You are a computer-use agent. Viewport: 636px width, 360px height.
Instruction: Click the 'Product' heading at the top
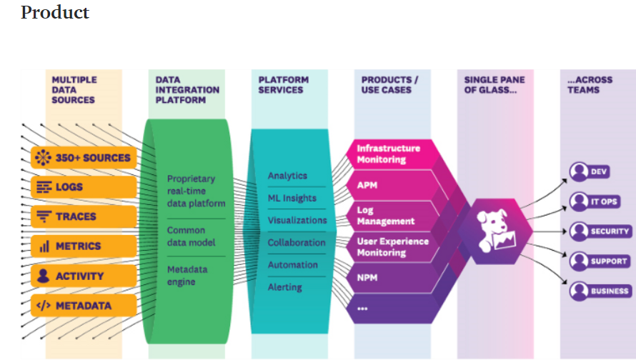coord(55,13)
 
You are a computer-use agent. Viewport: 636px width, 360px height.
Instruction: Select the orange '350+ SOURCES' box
coord(84,157)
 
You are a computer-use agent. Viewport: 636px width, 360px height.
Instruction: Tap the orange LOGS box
coord(84,187)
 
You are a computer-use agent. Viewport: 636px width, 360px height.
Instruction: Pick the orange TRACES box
coord(84,216)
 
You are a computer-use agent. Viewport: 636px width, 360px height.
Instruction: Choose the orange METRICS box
coord(84,246)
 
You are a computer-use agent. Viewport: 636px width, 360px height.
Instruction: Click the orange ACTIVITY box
coord(84,276)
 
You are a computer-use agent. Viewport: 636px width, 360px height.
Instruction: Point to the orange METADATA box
coord(84,306)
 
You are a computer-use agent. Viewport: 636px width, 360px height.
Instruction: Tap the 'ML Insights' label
coord(292,199)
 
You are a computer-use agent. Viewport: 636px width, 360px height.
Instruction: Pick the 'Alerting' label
coord(285,287)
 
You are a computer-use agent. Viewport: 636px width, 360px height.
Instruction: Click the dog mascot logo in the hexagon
coord(494,229)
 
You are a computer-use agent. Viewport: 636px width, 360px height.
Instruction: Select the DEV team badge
coord(590,171)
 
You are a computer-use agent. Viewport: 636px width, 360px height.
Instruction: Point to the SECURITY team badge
coord(600,231)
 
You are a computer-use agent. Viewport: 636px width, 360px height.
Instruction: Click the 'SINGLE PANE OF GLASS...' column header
coord(495,85)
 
